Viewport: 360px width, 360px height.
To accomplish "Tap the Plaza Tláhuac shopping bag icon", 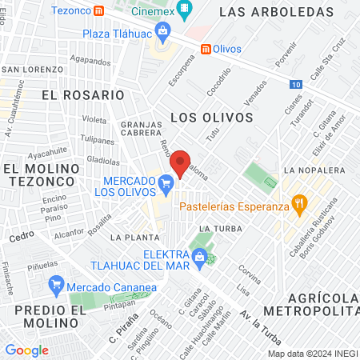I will (x=163, y=33).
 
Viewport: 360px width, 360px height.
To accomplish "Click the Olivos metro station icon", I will (x=206, y=49).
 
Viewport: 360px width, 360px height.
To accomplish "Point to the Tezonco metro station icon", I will (x=98, y=11).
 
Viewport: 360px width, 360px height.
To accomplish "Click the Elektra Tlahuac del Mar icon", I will (x=199, y=258).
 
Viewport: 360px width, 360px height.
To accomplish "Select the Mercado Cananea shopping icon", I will (x=56, y=285).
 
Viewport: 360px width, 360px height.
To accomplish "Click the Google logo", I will (x=26, y=350).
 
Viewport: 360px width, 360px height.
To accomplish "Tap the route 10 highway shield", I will (x=297, y=83).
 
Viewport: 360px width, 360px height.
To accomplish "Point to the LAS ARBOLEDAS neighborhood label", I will (x=275, y=12).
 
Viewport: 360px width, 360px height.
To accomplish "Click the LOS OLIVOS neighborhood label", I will (x=212, y=117).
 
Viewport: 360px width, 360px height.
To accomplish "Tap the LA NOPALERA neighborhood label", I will (x=313, y=170).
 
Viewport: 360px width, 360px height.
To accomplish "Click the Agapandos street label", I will (x=90, y=60).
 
